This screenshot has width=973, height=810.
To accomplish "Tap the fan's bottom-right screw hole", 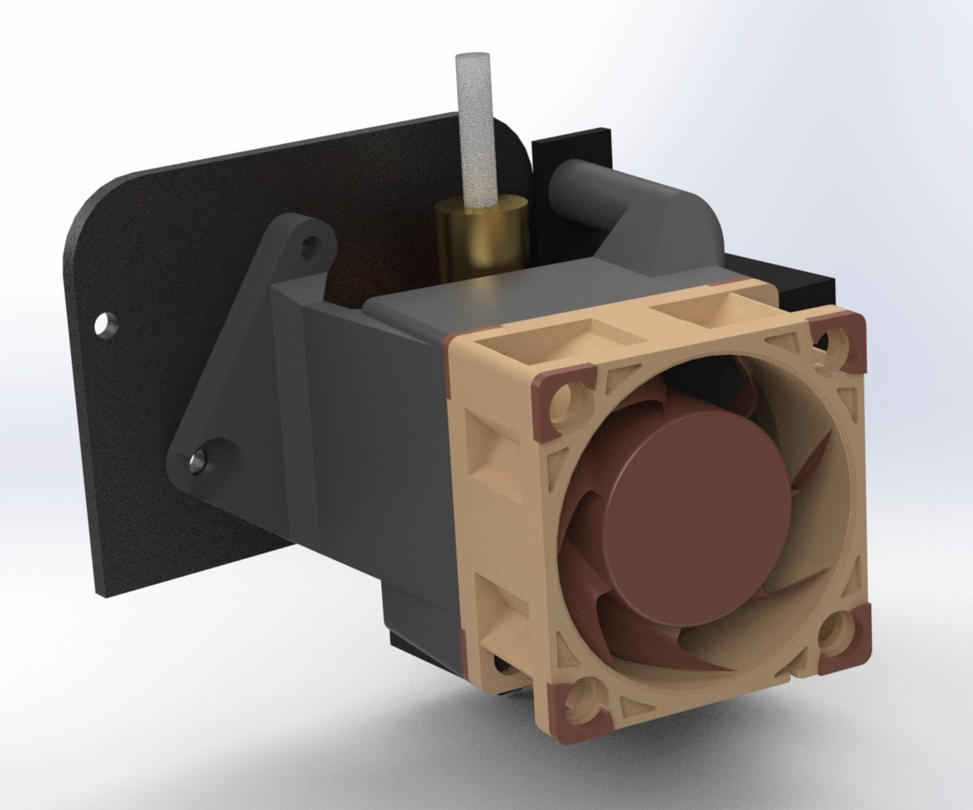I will click(x=838, y=638).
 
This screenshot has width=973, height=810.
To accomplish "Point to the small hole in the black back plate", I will click(x=106, y=322).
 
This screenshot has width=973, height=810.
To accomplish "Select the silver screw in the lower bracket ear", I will click(x=198, y=459).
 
